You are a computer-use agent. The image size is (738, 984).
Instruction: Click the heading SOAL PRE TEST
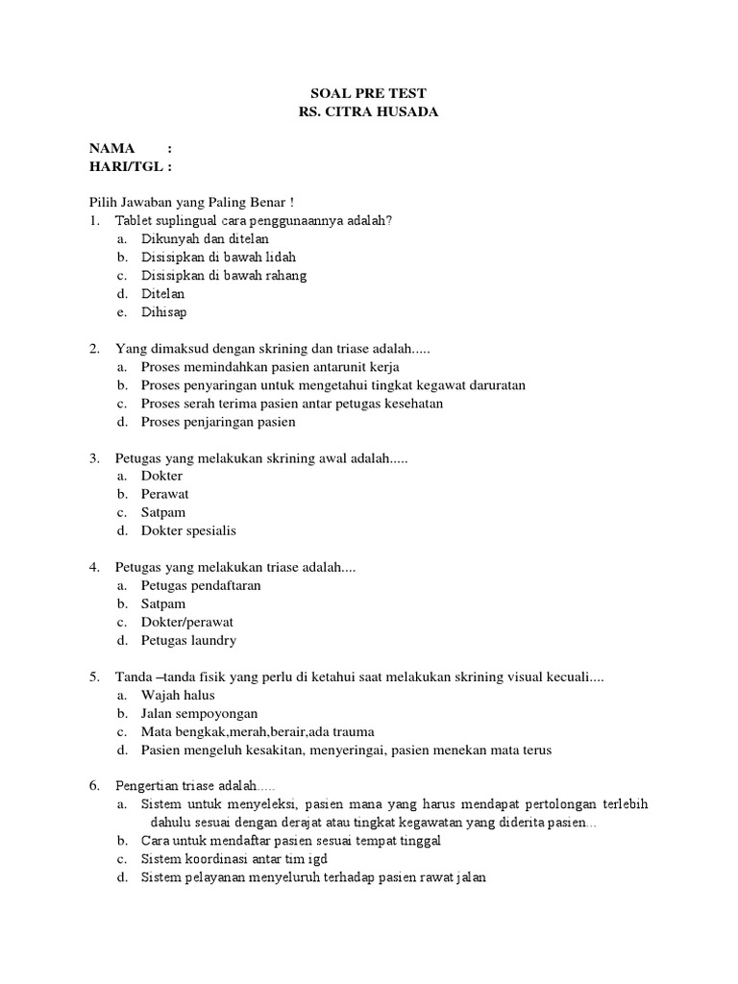click(x=368, y=93)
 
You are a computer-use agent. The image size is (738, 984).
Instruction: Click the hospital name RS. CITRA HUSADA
click(x=368, y=111)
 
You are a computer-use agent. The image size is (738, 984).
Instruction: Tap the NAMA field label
click(x=112, y=148)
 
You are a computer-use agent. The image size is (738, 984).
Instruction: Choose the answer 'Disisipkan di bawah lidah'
click(x=218, y=257)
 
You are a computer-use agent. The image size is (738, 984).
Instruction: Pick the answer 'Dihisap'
click(x=163, y=311)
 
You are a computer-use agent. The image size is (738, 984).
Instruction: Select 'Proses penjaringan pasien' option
click(x=218, y=422)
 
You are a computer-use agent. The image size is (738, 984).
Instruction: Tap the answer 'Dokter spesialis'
click(x=188, y=530)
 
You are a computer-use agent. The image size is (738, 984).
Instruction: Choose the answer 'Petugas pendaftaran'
click(x=201, y=585)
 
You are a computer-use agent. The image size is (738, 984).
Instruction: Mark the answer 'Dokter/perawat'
click(x=186, y=622)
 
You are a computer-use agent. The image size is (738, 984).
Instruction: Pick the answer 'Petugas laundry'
click(x=188, y=640)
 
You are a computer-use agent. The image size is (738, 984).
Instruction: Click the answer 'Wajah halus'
click(x=178, y=695)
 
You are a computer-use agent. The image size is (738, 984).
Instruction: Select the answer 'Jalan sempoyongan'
click(x=199, y=713)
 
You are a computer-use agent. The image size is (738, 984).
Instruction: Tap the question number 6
click(x=94, y=786)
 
